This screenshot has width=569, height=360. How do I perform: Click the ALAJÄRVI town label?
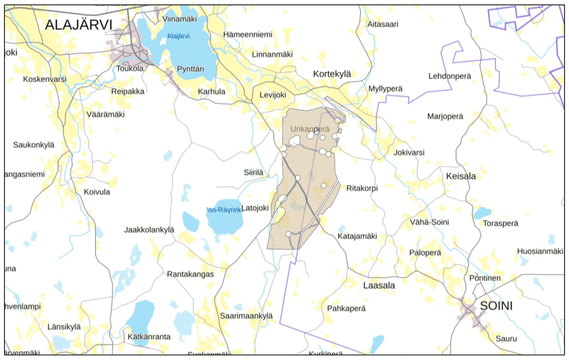[79, 25]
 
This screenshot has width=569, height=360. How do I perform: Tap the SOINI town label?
[496, 306]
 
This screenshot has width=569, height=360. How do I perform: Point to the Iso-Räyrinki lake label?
[225, 210]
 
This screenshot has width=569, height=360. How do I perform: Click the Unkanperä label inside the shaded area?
[310, 129]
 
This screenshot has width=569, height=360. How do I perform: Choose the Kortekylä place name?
[332, 74]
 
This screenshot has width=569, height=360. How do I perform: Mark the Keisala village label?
[461, 176]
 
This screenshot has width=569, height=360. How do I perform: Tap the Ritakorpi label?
[362, 188]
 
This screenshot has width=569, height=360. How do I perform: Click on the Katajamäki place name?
[357, 236]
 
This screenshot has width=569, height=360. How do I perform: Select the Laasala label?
[379, 285]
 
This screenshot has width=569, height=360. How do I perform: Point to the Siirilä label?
[254, 173]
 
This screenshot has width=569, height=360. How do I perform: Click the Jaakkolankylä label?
[149, 230]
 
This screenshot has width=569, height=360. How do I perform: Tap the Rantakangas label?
[190, 274]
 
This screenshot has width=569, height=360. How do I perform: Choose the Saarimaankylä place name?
[246, 316]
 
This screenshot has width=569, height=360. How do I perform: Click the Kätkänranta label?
[149, 337]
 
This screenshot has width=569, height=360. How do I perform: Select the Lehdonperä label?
[449, 76]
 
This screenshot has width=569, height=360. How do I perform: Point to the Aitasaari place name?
[382, 24]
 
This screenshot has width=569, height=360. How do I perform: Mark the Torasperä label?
[501, 223]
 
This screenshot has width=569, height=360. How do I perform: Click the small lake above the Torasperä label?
[482, 213]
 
